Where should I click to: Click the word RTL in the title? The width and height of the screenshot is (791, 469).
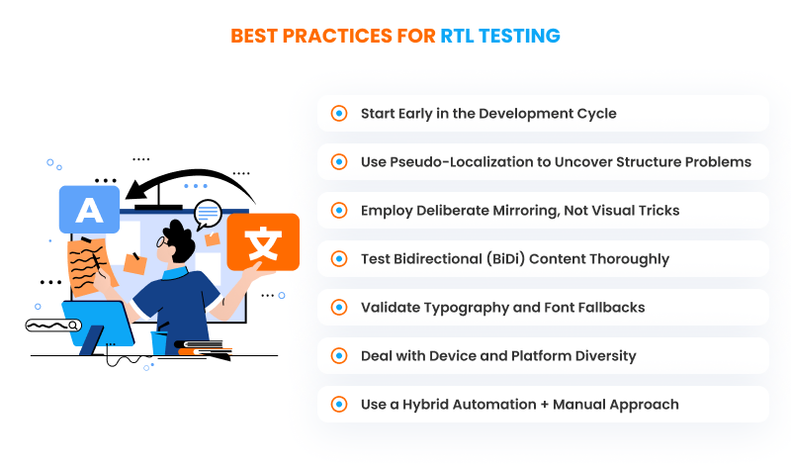click(463, 37)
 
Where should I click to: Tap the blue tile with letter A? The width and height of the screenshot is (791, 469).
click(89, 210)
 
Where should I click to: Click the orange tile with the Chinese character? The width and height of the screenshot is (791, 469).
click(262, 241)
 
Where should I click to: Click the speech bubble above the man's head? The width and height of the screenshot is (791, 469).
click(208, 213)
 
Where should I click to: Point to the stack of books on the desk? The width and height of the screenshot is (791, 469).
click(204, 347)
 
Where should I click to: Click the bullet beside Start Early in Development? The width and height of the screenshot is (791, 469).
click(339, 113)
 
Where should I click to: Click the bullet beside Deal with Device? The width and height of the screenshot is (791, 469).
click(339, 355)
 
